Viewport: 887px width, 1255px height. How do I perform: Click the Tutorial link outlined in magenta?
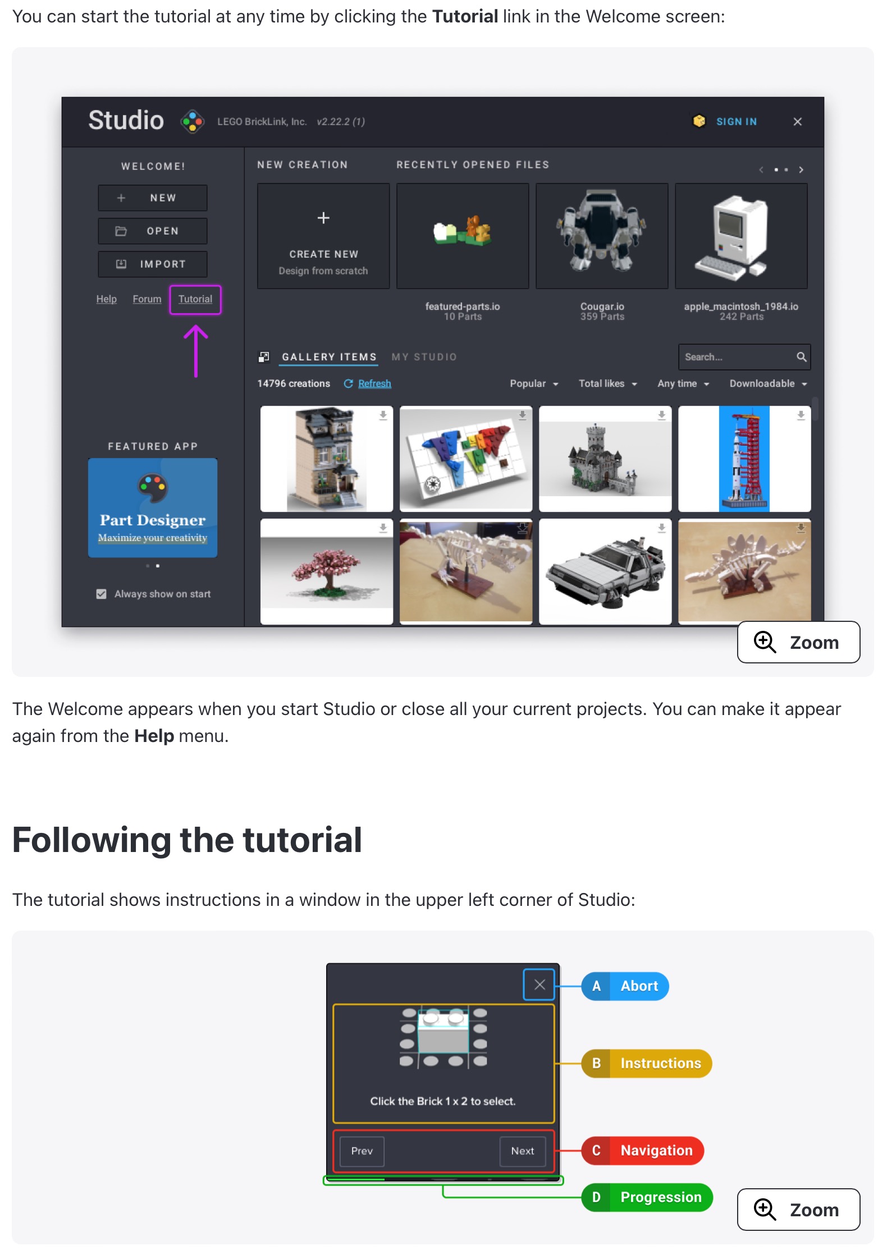click(195, 299)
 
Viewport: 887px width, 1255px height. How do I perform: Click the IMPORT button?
click(153, 264)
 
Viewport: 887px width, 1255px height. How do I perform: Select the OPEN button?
click(153, 231)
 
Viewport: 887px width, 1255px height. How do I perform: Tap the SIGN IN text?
click(736, 122)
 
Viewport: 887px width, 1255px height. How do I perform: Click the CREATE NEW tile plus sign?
click(323, 218)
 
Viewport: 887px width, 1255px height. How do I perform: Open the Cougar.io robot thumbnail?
click(602, 236)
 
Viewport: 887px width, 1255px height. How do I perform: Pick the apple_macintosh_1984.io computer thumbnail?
click(741, 236)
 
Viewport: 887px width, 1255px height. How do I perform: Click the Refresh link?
click(374, 383)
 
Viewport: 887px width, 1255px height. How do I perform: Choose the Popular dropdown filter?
click(534, 383)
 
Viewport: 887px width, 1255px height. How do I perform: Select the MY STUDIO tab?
click(424, 357)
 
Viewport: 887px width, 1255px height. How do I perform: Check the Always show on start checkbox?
click(102, 594)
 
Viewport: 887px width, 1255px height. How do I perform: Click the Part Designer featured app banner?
click(153, 507)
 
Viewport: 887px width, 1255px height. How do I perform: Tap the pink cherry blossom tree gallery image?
click(327, 571)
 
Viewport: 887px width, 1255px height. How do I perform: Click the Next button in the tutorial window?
click(523, 1151)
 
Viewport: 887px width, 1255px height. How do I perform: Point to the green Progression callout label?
click(647, 1197)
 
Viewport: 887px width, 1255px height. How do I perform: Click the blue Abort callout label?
click(625, 986)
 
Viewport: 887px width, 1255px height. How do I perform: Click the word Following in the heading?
click(92, 840)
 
